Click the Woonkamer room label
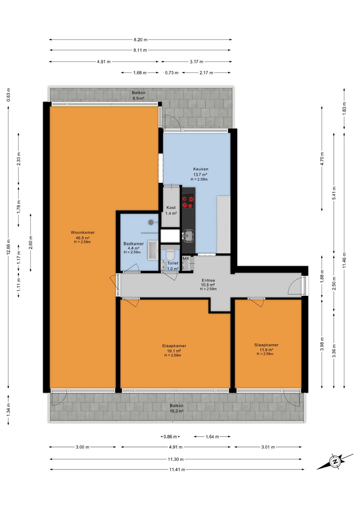pyautogui.click(x=83, y=232)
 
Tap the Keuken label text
pyautogui.click(x=201, y=169)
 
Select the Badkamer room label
pyautogui.click(x=134, y=243)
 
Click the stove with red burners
pyautogui.click(x=188, y=201)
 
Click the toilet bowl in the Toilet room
pyautogui.click(x=170, y=254)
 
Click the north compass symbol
pyautogui.click(x=335, y=461)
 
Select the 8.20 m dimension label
pyautogui.click(x=140, y=40)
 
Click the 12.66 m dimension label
pyautogui.click(x=8, y=247)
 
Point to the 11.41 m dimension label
pyautogui.click(x=177, y=469)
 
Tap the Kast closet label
pyautogui.click(x=171, y=207)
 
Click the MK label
pyautogui.click(x=186, y=259)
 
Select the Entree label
pyautogui.click(x=208, y=280)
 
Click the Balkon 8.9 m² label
pyautogui.click(x=139, y=95)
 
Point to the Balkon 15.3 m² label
pyautogui.click(x=176, y=408)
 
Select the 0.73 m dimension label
pyautogui.click(x=171, y=73)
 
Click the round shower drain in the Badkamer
pyautogui.click(x=151, y=222)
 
